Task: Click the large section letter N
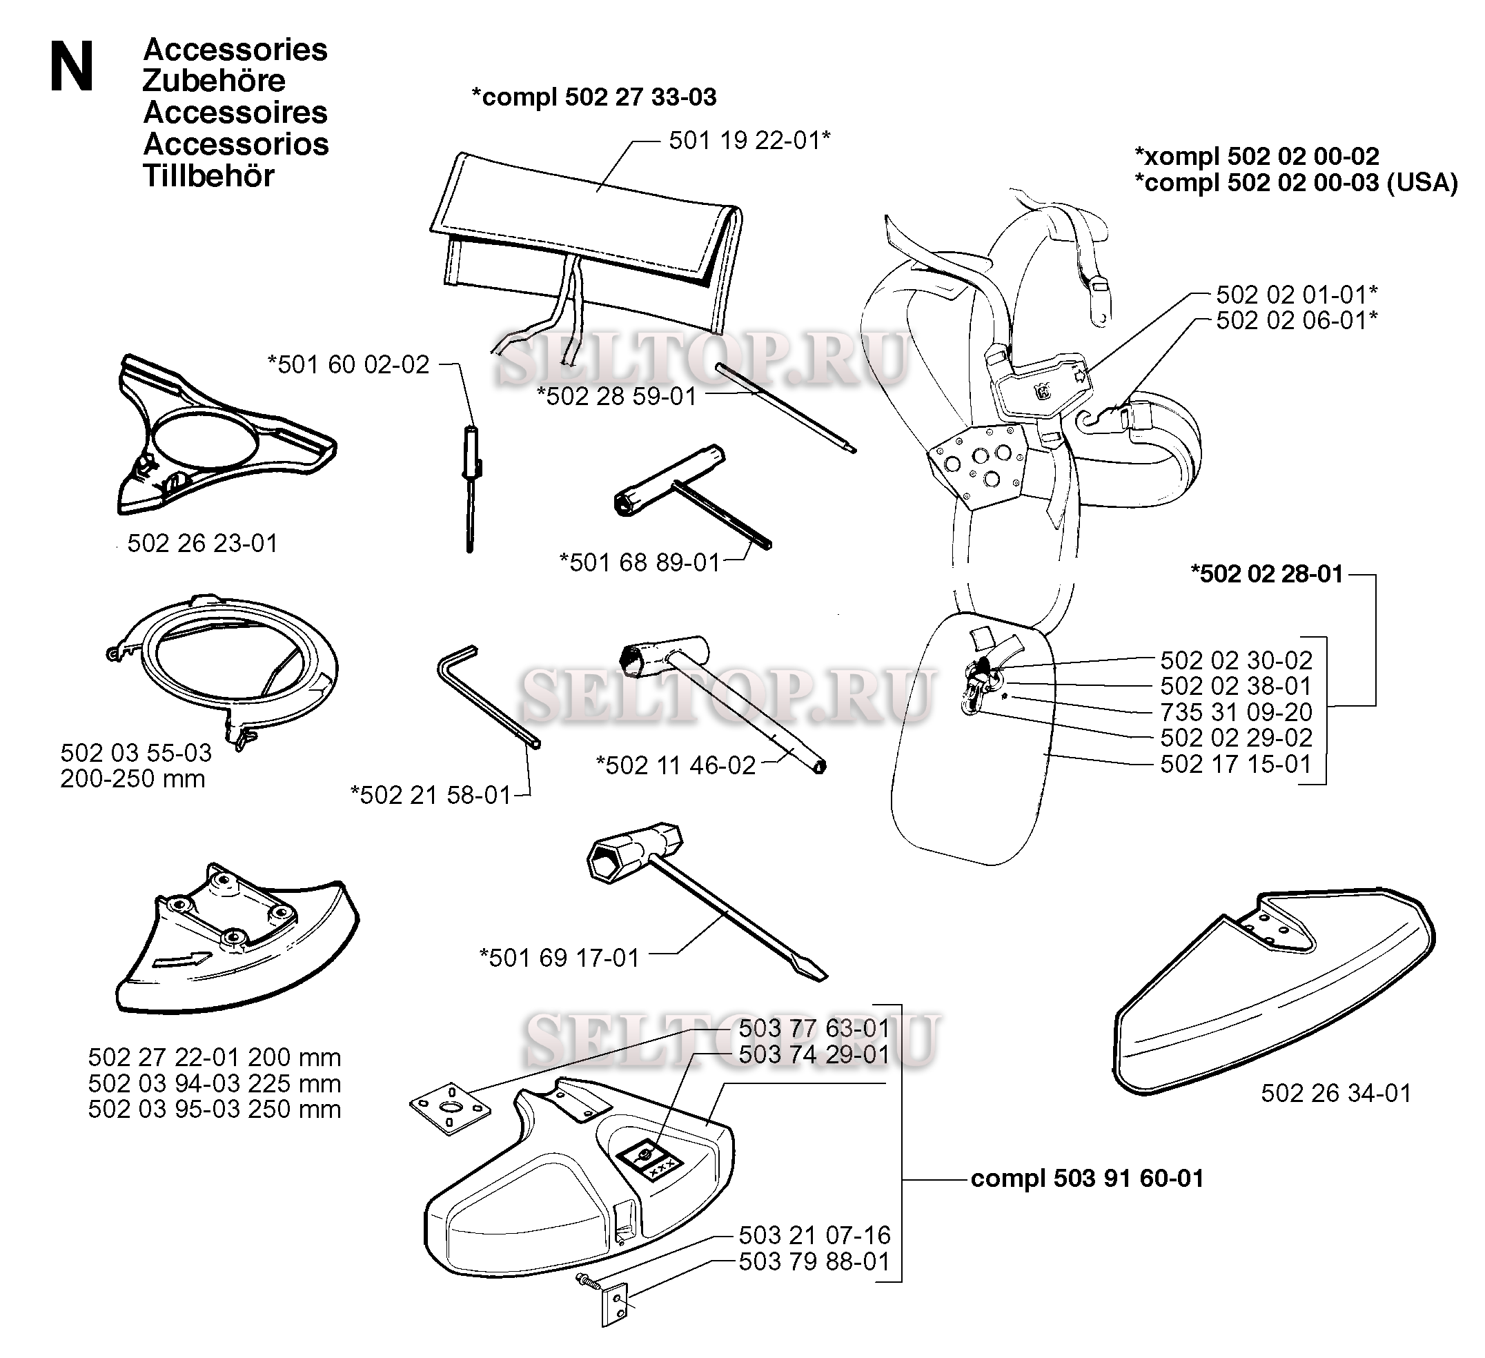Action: [72, 66]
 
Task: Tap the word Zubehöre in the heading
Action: [214, 80]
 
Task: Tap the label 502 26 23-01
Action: [203, 544]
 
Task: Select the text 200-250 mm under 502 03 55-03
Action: [132, 778]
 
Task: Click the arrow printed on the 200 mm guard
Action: [181, 960]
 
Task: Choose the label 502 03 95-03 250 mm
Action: [215, 1109]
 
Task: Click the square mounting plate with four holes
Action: [449, 1107]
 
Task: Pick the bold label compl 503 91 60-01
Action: [1088, 1179]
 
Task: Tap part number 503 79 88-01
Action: [815, 1261]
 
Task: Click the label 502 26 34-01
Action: [1336, 1093]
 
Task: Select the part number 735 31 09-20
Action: [1236, 712]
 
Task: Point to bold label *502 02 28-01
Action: [1267, 574]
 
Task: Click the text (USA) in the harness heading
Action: [1422, 183]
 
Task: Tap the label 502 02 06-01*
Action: [1297, 320]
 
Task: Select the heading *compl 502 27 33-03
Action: [593, 97]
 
